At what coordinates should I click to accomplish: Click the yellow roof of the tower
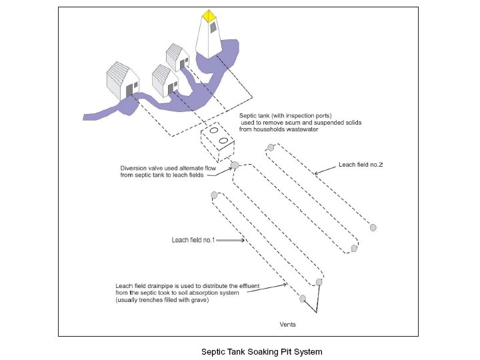pos(209,15)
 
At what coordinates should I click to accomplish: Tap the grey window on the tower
pos(213,27)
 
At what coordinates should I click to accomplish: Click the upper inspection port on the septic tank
pos(214,131)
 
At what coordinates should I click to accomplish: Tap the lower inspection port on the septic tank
pos(223,141)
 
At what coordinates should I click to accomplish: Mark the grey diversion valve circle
pos(234,164)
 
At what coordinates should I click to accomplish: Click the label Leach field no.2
pos(361,164)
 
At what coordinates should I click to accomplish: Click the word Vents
pos(287,325)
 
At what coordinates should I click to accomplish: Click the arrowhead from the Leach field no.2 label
pos(316,173)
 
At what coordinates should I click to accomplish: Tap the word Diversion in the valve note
pos(135,168)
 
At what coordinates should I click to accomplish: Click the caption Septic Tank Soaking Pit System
pos(261,351)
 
